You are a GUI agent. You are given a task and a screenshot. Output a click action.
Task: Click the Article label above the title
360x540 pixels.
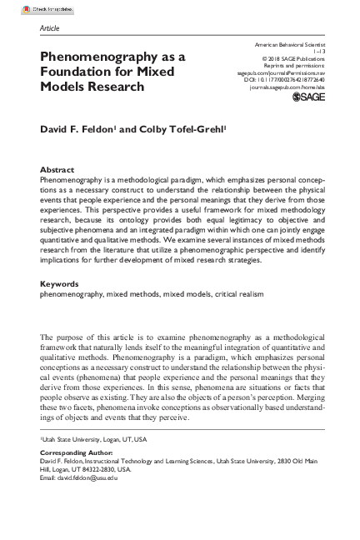coord(50,27)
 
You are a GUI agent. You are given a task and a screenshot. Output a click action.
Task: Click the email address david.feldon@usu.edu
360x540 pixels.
coord(92,478)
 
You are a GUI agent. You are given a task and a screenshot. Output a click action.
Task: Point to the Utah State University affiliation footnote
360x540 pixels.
coord(93,437)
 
